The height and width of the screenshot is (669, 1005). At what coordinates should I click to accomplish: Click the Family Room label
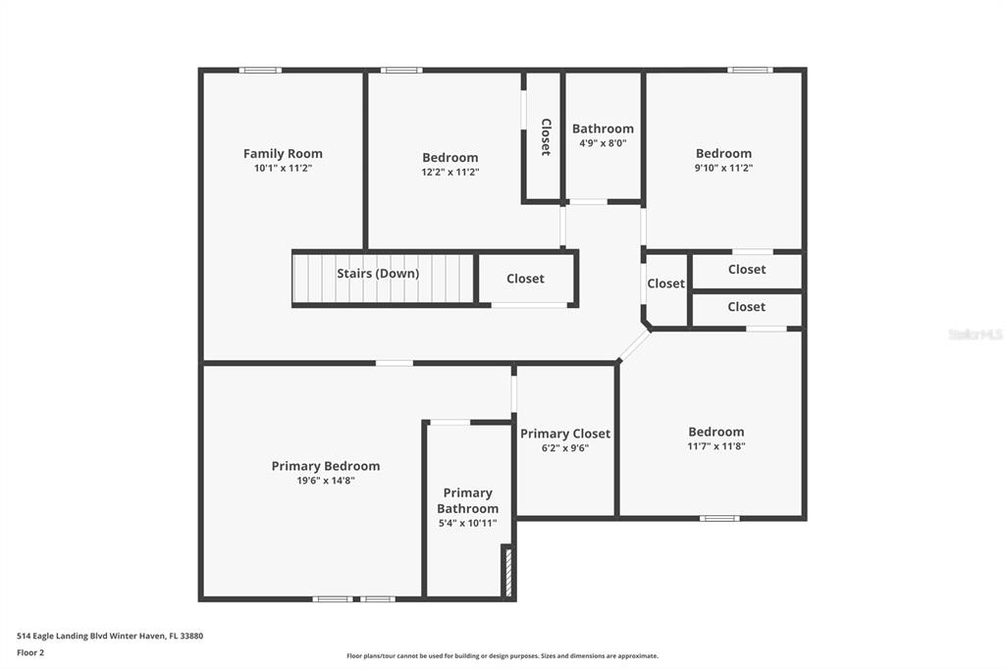click(x=283, y=154)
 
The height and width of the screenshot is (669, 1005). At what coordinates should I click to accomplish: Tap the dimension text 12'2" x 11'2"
click(x=450, y=172)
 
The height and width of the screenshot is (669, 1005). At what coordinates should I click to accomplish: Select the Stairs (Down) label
click(x=378, y=274)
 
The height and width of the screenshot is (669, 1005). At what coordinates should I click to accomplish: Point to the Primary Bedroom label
click(x=326, y=467)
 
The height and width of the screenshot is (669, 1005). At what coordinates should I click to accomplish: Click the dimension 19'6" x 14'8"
click(x=326, y=481)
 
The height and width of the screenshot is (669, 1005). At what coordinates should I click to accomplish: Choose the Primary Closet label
click(x=565, y=434)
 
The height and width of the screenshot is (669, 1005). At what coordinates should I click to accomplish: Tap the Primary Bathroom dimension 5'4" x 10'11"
click(x=467, y=523)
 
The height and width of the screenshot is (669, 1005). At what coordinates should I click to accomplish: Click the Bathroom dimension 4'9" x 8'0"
click(x=603, y=143)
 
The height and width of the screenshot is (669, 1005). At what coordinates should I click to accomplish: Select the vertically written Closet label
click(x=546, y=136)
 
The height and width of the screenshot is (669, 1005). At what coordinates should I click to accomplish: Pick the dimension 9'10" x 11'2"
click(x=723, y=168)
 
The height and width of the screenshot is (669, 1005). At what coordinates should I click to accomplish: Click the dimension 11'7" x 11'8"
click(x=715, y=446)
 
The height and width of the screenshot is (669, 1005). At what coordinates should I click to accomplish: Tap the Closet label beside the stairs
click(x=525, y=279)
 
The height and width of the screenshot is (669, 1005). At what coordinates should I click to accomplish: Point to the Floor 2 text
click(x=30, y=653)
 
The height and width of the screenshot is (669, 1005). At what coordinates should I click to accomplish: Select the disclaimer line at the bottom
click(x=502, y=656)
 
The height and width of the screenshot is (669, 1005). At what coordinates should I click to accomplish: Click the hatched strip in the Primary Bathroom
click(x=509, y=572)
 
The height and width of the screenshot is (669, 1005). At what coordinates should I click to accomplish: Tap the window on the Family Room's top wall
click(x=260, y=71)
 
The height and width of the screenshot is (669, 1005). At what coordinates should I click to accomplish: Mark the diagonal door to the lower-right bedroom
click(x=634, y=345)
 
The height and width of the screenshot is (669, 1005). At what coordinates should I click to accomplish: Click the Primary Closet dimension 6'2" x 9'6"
click(x=565, y=448)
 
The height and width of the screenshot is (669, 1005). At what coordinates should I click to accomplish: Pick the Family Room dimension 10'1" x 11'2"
click(x=283, y=169)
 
